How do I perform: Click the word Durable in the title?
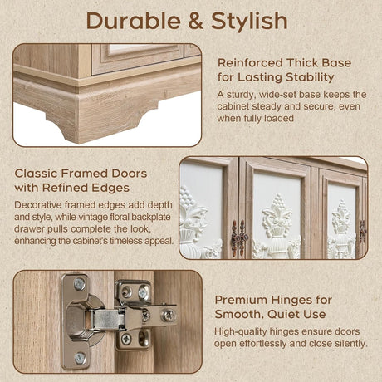[134, 21]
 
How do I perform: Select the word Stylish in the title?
[249, 21]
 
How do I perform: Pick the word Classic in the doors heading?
[36, 174]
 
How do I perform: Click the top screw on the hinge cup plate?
[80, 284]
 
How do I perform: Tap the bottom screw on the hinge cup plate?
[80, 359]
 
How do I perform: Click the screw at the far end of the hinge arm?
[168, 316]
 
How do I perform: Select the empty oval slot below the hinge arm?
[142, 338]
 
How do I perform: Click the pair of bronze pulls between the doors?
[239, 238]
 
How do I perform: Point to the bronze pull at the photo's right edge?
[362, 232]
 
